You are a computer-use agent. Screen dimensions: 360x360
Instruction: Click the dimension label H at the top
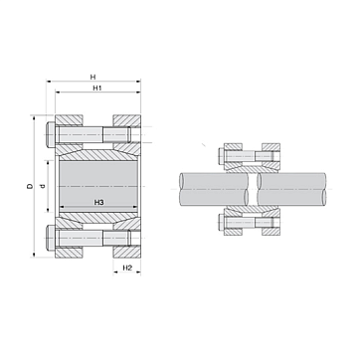[x=93, y=77]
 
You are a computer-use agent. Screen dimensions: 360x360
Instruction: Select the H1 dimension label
[x=96, y=89]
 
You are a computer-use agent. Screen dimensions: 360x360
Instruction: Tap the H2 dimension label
[x=127, y=268]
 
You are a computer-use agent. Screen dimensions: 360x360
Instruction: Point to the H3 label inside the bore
[x=98, y=202]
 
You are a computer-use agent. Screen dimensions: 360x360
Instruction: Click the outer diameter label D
[x=30, y=186]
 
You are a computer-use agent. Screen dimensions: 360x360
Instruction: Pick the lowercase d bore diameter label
[x=42, y=186]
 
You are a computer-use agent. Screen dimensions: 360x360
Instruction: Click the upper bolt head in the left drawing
[x=51, y=134]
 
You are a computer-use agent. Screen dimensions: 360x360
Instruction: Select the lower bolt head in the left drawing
[x=51, y=238]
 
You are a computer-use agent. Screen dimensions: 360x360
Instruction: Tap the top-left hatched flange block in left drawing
[x=69, y=120]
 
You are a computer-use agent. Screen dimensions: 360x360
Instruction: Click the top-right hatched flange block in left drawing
[x=126, y=120]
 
